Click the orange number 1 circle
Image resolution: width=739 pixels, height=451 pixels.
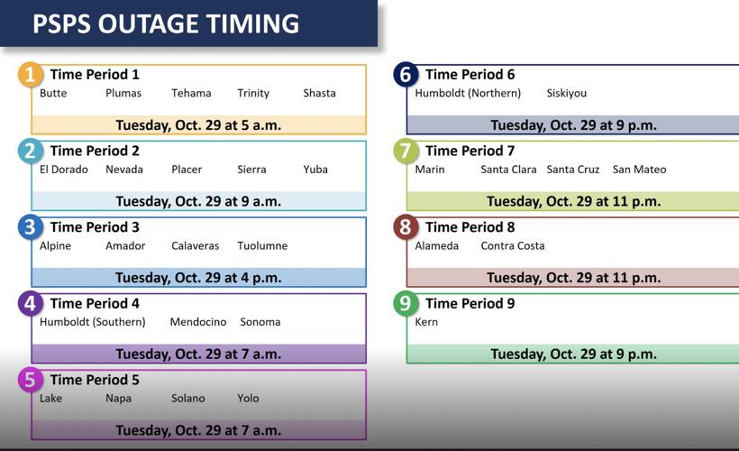point(31,75)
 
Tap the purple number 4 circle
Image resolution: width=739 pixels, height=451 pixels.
point(31,303)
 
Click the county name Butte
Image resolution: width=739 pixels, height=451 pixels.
point(53,93)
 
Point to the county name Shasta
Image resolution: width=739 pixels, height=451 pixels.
point(319,93)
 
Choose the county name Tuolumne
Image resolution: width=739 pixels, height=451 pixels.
point(262,245)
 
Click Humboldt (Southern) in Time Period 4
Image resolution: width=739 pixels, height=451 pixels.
point(92,322)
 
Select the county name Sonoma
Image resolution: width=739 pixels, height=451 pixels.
point(260,322)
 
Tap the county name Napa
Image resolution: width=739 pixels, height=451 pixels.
point(118,398)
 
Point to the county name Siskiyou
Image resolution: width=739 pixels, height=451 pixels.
point(566,93)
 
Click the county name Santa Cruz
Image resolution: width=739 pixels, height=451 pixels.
point(572,170)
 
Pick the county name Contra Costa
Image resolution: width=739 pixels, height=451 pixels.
point(513,245)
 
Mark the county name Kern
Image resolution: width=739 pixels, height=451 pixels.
point(426,322)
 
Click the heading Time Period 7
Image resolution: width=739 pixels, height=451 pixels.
point(470,151)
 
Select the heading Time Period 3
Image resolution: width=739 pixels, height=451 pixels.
point(95,226)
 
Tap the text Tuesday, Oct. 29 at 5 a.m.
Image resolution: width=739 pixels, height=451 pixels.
point(198,125)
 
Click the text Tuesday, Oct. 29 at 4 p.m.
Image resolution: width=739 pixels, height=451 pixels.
point(198,278)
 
